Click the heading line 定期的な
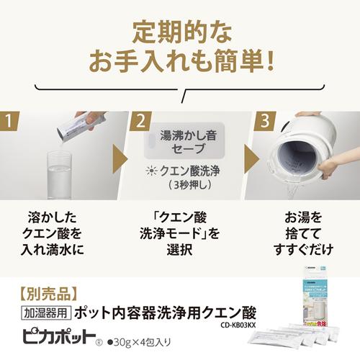point(180,32)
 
